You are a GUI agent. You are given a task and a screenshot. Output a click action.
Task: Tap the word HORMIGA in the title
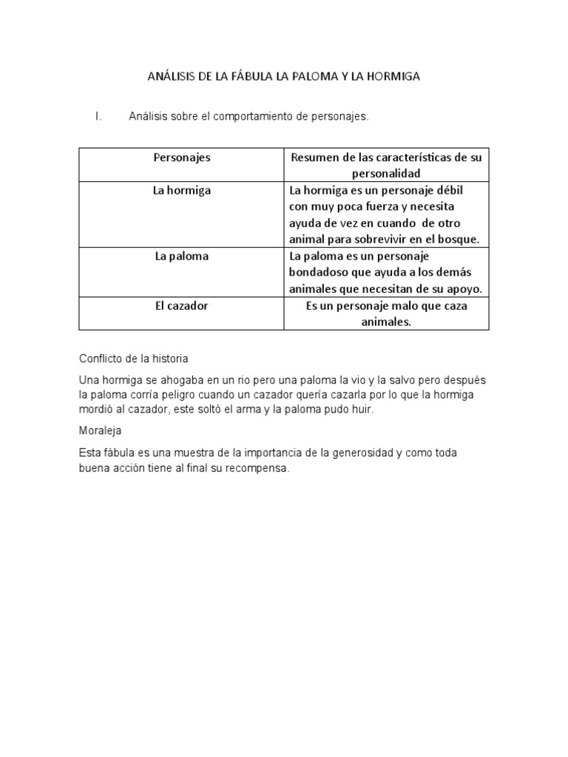[393, 76]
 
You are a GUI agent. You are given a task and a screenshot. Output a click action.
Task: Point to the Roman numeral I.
[97, 117]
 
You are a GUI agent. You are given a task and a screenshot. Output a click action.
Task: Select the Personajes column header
[181, 157]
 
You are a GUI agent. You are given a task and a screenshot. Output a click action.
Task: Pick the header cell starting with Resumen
[387, 166]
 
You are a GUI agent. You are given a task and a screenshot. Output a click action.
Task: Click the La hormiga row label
[181, 190]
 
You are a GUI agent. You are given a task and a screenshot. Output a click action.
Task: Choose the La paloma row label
[181, 257]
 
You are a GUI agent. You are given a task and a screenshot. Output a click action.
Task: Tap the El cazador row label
[181, 305]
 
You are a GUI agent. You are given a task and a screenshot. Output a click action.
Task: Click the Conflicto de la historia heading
[133, 359]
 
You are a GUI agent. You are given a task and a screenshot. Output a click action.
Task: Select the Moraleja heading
[101, 430]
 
